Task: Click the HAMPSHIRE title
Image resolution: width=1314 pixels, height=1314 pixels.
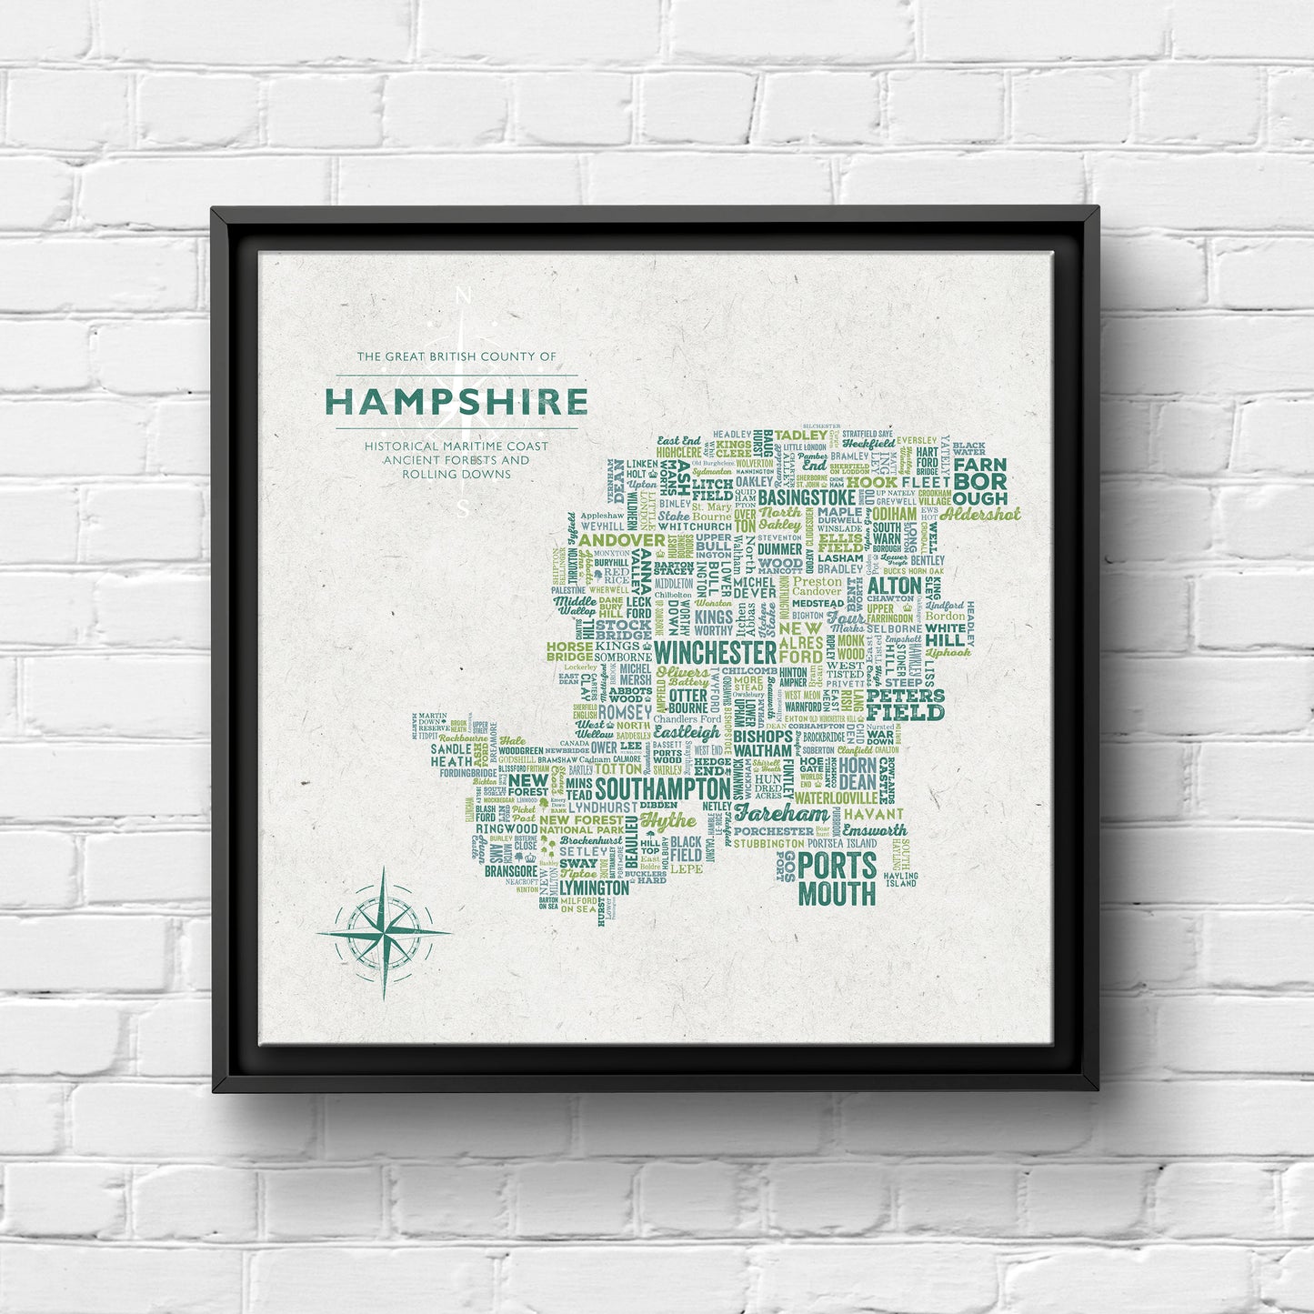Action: click(456, 401)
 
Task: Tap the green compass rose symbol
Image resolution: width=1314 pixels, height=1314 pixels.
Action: click(384, 933)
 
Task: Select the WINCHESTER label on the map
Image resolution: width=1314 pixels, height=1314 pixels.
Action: click(715, 652)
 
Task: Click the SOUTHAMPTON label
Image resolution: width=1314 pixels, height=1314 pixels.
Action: click(662, 788)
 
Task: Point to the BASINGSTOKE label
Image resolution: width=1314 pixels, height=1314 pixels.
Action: click(807, 498)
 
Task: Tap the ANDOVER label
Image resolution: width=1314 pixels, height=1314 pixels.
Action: click(622, 540)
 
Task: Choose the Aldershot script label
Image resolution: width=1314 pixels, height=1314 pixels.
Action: click(980, 514)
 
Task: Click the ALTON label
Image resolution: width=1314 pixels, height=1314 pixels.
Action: click(894, 587)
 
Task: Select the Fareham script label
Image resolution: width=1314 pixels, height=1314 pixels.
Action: click(782, 813)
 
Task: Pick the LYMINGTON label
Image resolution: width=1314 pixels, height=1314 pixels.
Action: click(594, 888)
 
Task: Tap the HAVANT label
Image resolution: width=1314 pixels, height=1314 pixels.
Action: click(874, 814)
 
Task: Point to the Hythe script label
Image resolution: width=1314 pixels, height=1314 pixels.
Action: click(668, 821)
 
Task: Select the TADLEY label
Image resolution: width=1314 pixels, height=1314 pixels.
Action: click(801, 435)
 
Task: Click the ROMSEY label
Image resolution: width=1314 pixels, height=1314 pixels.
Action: click(625, 712)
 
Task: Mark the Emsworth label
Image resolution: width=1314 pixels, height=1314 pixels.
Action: click(874, 830)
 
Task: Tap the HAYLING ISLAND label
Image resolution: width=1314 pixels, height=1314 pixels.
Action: click(901, 879)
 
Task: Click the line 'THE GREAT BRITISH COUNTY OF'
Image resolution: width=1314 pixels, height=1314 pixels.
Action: click(456, 356)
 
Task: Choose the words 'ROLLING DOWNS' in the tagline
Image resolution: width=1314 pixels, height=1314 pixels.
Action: click(456, 474)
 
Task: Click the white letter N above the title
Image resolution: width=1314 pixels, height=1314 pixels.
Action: click(462, 296)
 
